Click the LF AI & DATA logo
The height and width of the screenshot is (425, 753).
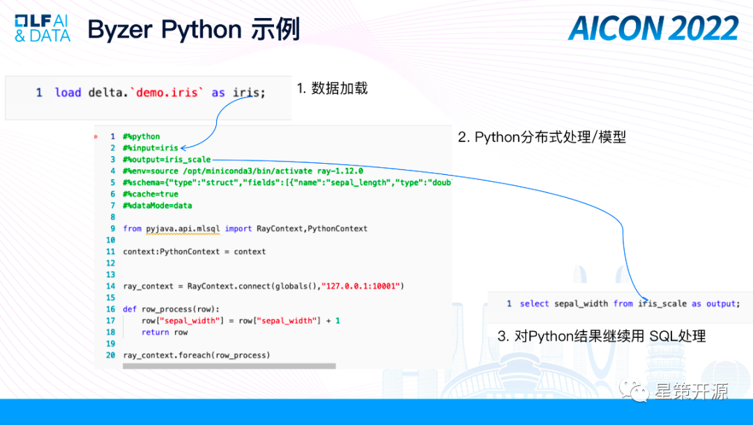(x=43, y=28)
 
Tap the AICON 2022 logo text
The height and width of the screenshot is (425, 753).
(x=653, y=29)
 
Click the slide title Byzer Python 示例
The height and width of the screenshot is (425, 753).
(x=194, y=29)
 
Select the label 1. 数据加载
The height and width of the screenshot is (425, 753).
(x=332, y=88)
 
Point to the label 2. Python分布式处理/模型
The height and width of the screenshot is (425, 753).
(x=542, y=137)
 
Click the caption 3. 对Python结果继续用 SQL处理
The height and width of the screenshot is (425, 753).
(x=602, y=337)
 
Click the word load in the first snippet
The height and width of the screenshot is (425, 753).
(x=68, y=93)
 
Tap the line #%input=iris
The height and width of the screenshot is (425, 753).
(x=150, y=148)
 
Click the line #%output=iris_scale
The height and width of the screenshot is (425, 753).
(x=167, y=160)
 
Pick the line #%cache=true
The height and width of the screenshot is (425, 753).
(x=150, y=194)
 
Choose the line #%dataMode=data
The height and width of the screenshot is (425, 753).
(x=157, y=206)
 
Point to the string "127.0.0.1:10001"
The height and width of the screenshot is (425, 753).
(x=363, y=286)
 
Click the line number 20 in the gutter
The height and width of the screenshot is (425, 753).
(x=110, y=355)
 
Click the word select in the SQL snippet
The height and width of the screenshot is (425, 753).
(x=535, y=304)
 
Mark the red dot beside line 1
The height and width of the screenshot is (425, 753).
(x=96, y=137)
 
